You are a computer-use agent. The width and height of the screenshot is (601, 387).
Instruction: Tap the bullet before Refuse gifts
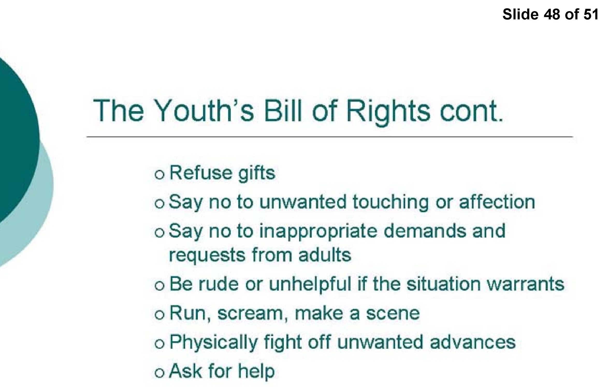point(160,175)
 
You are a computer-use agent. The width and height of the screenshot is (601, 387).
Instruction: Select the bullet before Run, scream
point(160,315)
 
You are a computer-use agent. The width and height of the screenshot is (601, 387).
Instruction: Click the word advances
point(473,342)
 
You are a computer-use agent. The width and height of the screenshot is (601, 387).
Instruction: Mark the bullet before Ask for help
point(160,373)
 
